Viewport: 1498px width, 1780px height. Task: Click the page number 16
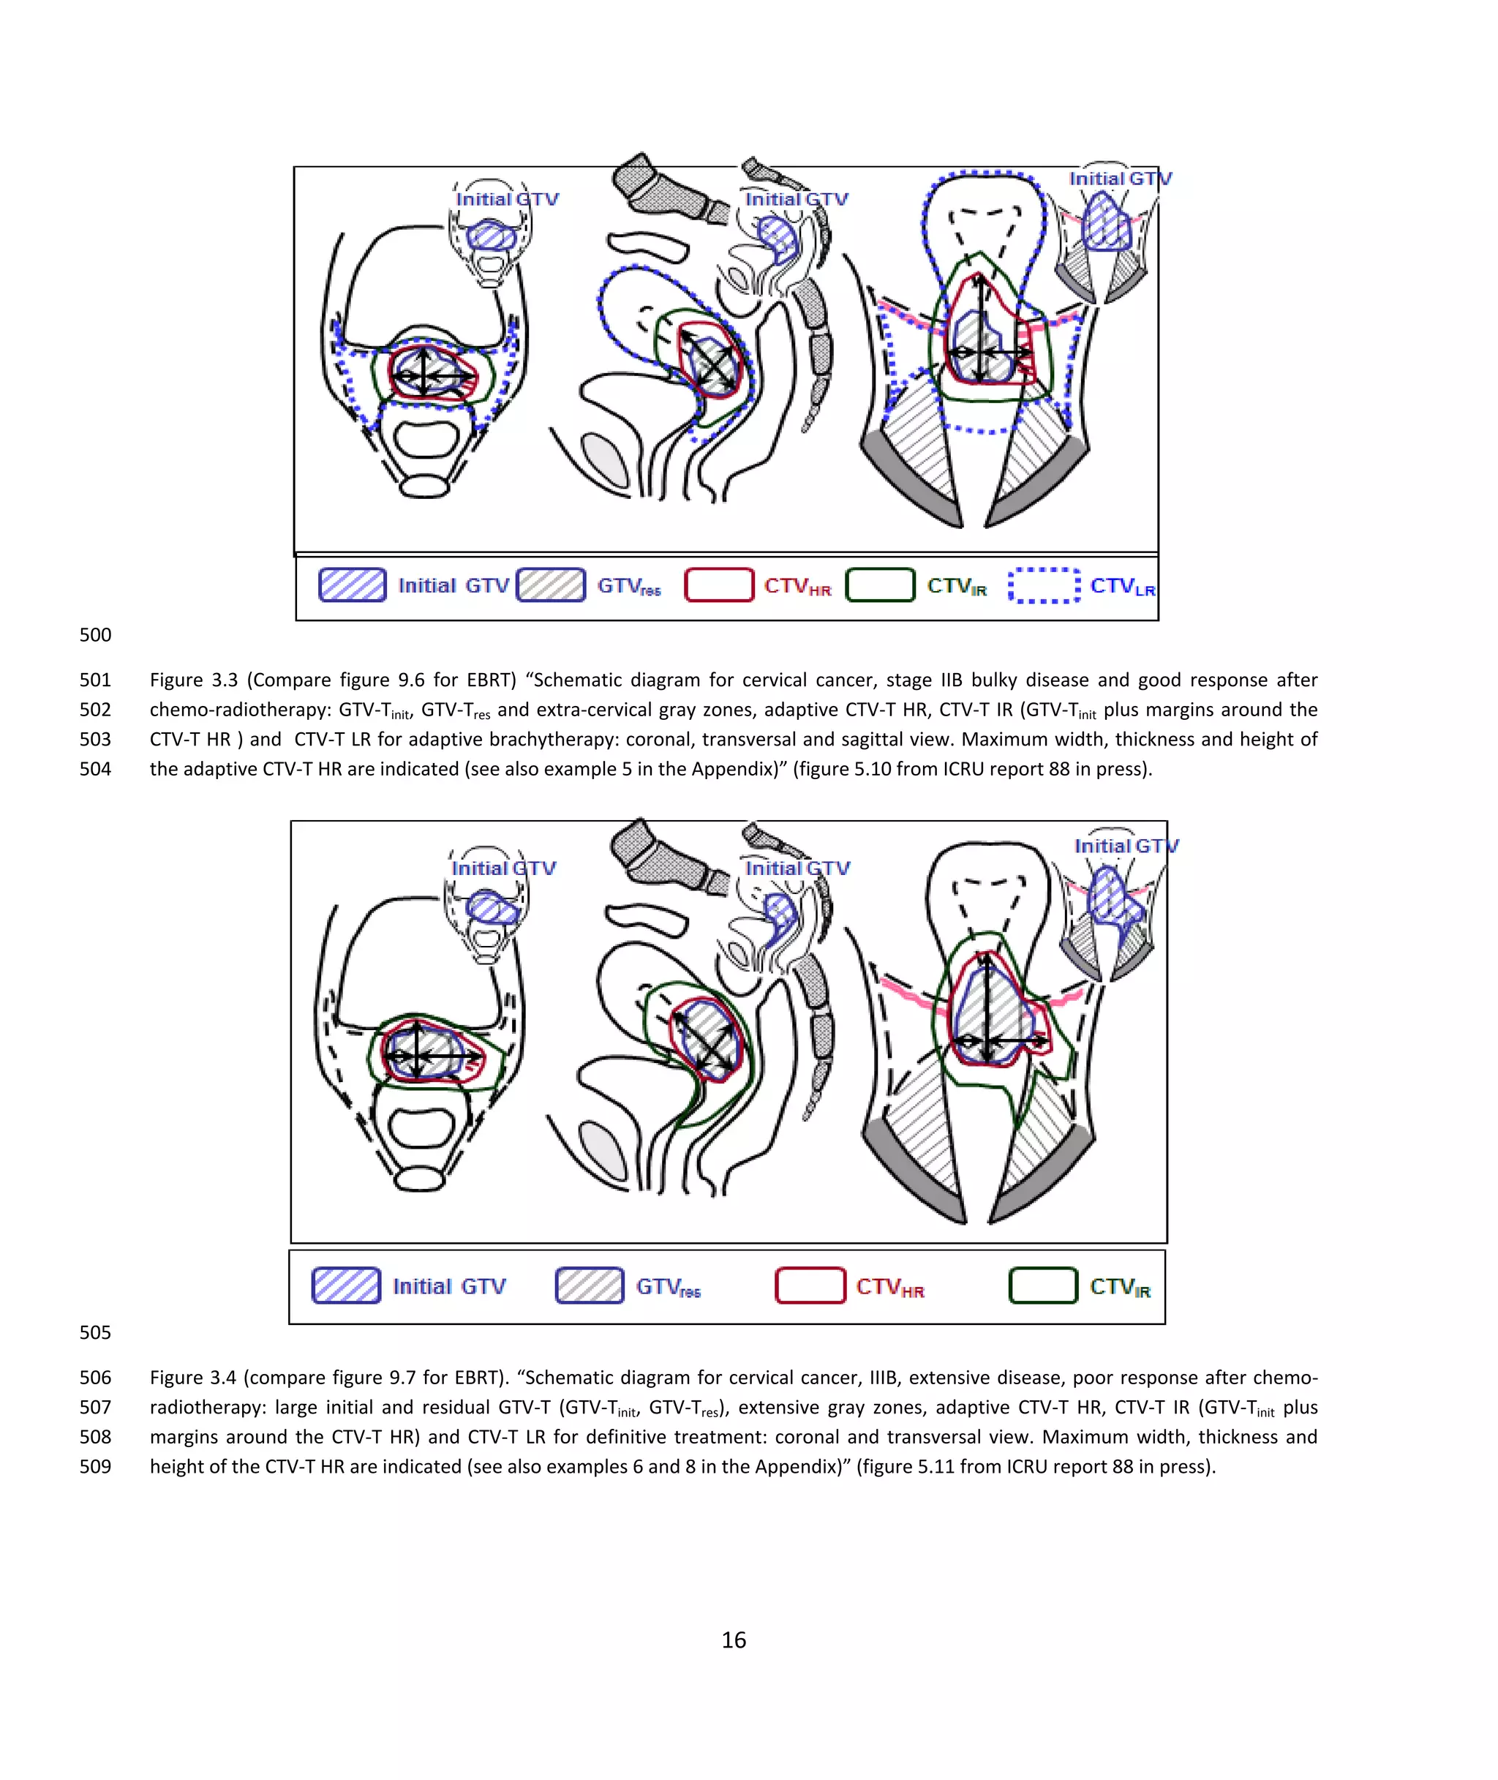pos(734,1640)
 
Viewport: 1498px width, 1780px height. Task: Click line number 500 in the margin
pos(95,634)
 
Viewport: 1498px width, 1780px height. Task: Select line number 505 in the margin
pos(95,1332)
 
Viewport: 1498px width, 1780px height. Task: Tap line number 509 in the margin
pos(95,1466)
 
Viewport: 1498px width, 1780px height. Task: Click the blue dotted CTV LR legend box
pos(1044,585)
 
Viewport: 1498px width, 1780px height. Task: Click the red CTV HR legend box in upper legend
pos(718,585)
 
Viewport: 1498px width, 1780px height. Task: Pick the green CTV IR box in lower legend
pos(1043,1285)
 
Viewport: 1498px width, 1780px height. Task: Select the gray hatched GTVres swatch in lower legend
pos(590,1285)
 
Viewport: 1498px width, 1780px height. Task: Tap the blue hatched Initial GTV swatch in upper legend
pos(353,585)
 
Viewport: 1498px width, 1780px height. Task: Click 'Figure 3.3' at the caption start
pos(194,680)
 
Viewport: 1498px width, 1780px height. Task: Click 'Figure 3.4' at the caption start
pos(194,1377)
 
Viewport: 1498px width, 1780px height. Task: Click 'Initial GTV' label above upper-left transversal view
pos(507,199)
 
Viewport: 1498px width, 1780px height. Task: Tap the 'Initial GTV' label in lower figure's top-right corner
pos(1126,846)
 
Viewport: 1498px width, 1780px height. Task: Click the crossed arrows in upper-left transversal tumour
pos(427,374)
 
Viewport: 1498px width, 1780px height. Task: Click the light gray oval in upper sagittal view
pos(606,459)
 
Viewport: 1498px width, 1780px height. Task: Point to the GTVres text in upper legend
pos(628,586)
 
